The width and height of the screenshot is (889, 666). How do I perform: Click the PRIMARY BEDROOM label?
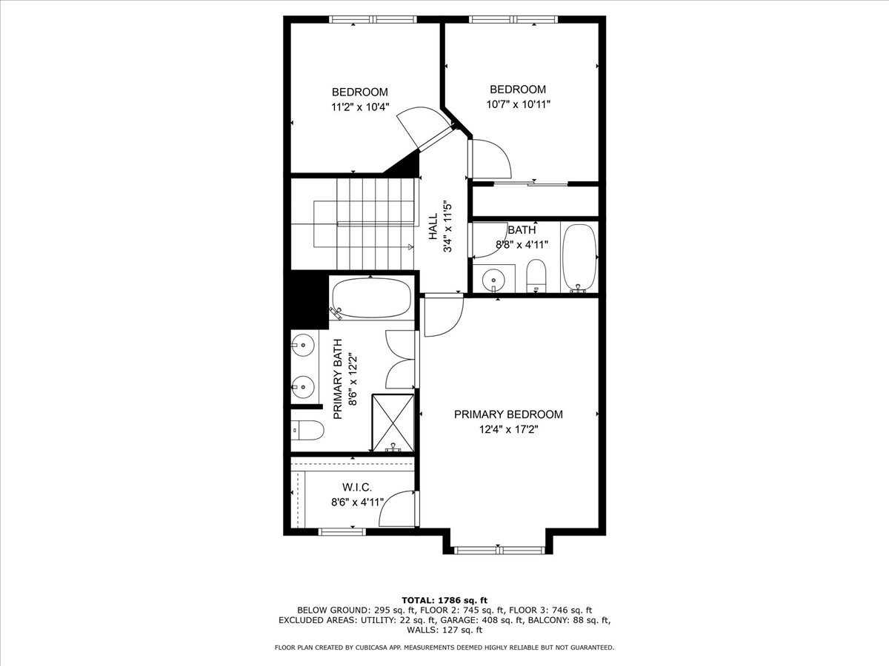click(x=508, y=414)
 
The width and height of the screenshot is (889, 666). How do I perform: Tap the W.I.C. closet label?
click(x=357, y=487)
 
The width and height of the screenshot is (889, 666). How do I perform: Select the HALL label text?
click(x=433, y=226)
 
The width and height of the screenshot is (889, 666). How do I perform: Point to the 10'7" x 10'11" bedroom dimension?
click(x=518, y=104)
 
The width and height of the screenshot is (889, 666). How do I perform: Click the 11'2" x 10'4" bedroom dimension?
click(x=360, y=107)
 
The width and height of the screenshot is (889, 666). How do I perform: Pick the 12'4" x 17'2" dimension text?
click(x=508, y=429)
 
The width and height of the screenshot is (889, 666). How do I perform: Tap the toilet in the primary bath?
click(x=307, y=430)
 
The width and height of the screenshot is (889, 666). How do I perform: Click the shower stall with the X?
click(x=393, y=423)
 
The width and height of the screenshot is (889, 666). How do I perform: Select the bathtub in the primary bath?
click(x=371, y=298)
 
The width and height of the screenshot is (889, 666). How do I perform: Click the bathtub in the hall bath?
click(x=579, y=258)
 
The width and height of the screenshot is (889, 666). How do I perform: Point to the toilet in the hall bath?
click(x=536, y=276)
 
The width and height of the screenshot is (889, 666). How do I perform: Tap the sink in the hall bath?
click(x=493, y=279)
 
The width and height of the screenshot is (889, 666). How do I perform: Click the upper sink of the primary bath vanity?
click(x=303, y=345)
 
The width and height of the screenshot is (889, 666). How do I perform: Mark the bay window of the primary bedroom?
click(x=499, y=550)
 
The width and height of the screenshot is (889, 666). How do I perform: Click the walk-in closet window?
click(x=342, y=532)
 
